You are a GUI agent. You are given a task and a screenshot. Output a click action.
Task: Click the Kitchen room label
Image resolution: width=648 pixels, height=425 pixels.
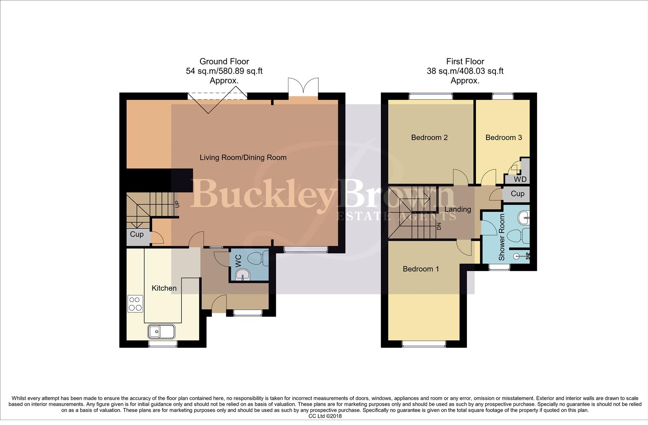coord(164,288)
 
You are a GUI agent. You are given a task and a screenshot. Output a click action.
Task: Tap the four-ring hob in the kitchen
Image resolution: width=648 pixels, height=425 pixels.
coord(135,303)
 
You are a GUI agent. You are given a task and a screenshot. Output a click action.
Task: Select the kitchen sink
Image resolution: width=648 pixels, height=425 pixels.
coord(162,331)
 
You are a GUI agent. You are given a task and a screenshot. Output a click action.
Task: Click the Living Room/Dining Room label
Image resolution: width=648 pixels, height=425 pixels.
coord(243,157)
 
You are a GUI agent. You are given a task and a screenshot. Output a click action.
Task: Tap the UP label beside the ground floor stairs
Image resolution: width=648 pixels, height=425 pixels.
coord(177,205)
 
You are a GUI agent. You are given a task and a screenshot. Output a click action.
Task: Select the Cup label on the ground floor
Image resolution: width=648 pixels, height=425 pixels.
coord(136,234)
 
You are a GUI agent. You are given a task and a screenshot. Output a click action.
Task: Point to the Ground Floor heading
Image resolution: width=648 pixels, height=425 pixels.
coord(224,61)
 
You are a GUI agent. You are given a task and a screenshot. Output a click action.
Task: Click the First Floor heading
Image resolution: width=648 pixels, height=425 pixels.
coord(465,61)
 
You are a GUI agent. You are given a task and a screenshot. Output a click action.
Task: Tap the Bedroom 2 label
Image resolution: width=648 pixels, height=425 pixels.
coord(429,137)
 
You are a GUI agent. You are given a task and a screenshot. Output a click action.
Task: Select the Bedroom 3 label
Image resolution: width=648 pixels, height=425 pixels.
coord(503,137)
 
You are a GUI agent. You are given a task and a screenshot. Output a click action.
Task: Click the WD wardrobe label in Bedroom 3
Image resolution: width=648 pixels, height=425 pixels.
coord(520,179)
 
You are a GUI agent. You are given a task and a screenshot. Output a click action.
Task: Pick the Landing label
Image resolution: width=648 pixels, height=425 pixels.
coord(457,209)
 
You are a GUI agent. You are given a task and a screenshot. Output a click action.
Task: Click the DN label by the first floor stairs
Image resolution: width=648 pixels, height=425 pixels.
coord(439,227)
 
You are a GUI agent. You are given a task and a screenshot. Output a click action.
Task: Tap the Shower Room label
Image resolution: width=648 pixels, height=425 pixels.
coord(501,237)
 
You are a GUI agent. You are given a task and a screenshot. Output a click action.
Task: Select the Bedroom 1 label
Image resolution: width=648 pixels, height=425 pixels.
coord(420,269)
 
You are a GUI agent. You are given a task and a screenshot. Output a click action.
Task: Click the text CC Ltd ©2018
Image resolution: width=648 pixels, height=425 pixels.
coord(325,416)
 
